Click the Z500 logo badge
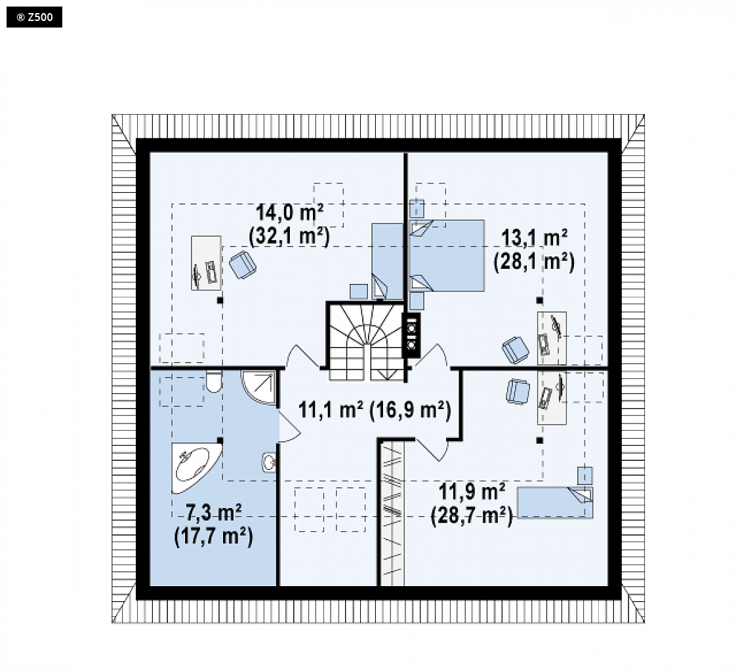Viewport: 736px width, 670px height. (34, 17)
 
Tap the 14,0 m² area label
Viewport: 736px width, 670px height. (289, 212)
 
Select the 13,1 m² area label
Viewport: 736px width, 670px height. (534, 238)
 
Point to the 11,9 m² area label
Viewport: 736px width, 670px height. (472, 492)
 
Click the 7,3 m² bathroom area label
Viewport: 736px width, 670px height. (214, 513)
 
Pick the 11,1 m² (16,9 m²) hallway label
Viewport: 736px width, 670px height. (375, 410)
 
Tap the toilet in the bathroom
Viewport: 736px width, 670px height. (214, 382)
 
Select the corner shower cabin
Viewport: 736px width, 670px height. (258, 387)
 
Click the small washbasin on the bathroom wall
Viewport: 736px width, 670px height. (269, 463)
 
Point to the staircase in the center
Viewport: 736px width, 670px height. (366, 342)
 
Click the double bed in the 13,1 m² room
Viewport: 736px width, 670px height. (446, 256)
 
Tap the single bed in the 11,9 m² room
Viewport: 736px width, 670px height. (555, 502)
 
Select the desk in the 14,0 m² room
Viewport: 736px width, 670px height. (206, 263)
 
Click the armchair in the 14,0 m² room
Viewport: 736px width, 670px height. (243, 265)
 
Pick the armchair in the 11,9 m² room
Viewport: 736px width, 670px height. (518, 391)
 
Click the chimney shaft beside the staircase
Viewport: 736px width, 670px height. (412, 335)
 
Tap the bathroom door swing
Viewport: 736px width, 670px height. (289, 427)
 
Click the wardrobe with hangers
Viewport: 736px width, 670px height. (392, 514)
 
